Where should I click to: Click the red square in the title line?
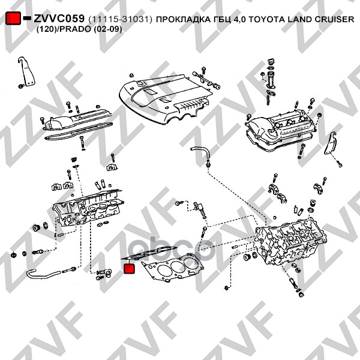pyautogui.click(x=13, y=19)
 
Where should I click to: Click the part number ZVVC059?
pyautogui.click(x=59, y=19)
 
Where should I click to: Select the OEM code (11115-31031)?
pyautogui.click(x=120, y=20)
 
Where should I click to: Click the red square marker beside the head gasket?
pyautogui.click(x=129, y=268)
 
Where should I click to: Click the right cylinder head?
pyautogui.click(x=288, y=243)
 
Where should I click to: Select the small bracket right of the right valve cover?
pyautogui.click(x=331, y=146)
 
